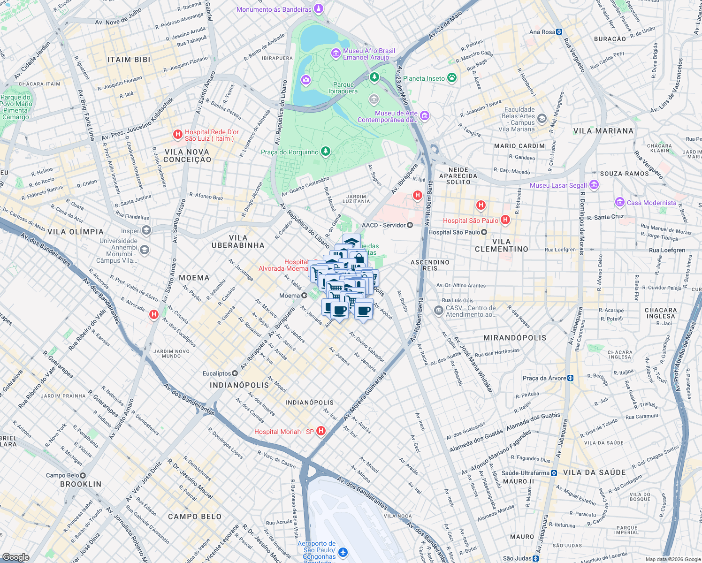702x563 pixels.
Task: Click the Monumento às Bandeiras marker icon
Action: point(319,9)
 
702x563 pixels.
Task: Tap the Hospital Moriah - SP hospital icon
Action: point(321,431)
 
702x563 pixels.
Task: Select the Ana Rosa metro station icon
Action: point(559,32)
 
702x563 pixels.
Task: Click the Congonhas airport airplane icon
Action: point(343,552)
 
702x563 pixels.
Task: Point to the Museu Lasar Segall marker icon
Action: point(594,185)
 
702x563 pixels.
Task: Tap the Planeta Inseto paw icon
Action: point(451,78)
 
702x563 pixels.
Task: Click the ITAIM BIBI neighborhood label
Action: point(129,60)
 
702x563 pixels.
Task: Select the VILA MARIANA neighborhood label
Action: point(603,131)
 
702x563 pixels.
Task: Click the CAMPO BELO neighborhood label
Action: point(195,517)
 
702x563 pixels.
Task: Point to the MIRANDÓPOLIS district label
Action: point(515,338)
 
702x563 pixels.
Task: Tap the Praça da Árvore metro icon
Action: point(570,378)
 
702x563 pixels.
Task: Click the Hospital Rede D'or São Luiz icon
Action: point(178,135)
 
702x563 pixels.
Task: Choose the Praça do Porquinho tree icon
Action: point(325,152)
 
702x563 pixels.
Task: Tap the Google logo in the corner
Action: point(15,557)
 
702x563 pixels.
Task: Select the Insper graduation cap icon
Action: point(146,231)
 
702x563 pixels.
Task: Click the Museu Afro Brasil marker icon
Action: point(336,53)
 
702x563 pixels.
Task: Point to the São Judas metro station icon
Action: point(535,558)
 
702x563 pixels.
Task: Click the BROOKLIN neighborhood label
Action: point(81,484)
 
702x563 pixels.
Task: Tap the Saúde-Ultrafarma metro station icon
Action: point(554,473)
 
